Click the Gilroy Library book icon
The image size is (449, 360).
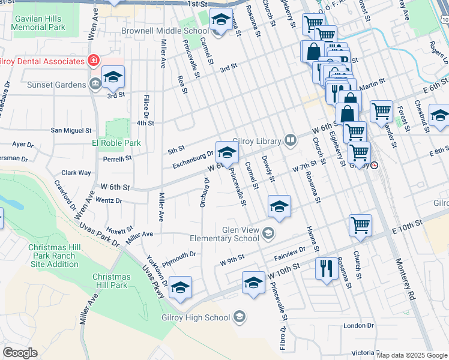[291, 140]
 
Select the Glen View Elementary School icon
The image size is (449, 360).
[268, 233]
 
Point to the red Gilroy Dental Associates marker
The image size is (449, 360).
[93, 61]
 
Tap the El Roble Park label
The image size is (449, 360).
[117, 143]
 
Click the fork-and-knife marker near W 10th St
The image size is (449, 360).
[327, 268]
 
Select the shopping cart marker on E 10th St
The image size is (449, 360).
[360, 225]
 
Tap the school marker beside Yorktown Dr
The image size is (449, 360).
[180, 287]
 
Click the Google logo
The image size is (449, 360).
[20, 353]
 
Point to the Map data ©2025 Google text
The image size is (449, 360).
[412, 355]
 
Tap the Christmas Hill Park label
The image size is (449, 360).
[110, 281]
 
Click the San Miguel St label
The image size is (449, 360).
[71, 130]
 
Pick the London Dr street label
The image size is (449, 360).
[358, 326]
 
